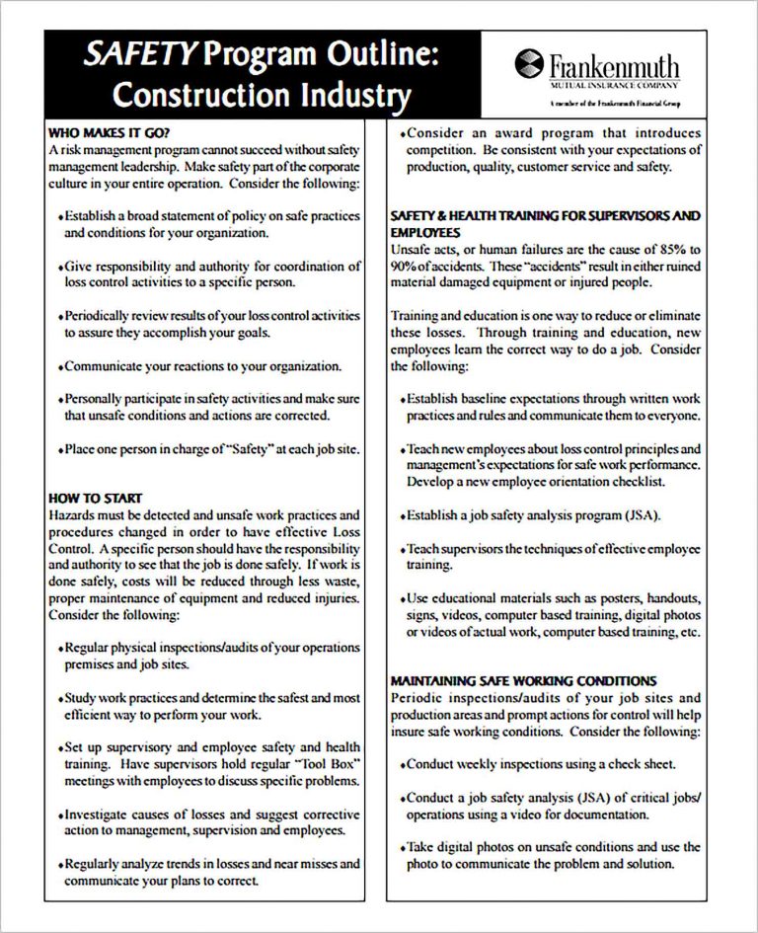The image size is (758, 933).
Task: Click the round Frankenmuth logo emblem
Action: pos(529,65)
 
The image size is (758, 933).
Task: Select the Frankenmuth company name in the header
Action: pos(613,67)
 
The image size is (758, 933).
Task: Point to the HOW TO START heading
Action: pos(95,499)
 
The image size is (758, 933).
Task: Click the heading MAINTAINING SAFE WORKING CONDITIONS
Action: pos(523,681)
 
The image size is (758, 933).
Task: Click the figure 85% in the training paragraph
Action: pos(675,249)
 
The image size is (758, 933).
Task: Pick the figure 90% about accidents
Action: pos(404,266)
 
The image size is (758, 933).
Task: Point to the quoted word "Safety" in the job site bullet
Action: pos(249,449)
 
